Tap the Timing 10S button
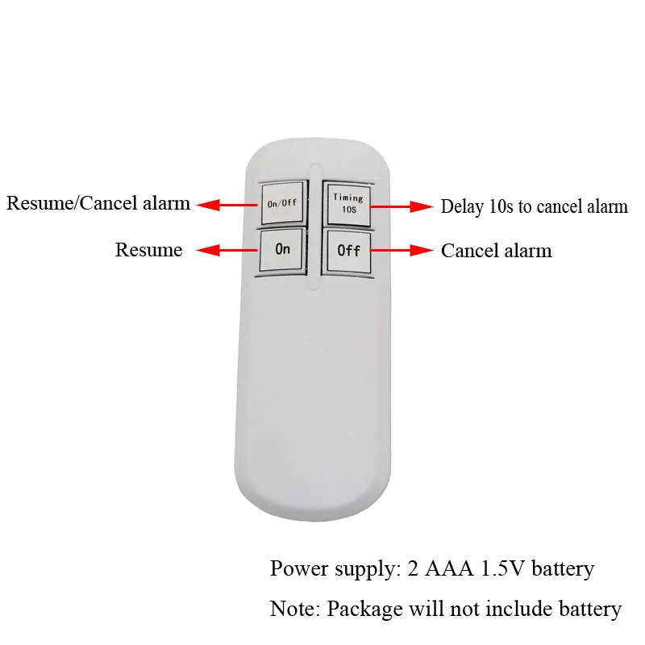[347, 203]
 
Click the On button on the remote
[282, 250]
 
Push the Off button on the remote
[348, 251]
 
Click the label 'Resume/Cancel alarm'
[98, 203]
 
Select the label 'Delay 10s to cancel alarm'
[534, 206]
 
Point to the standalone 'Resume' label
[148, 250]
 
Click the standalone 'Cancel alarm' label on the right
[496, 251]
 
